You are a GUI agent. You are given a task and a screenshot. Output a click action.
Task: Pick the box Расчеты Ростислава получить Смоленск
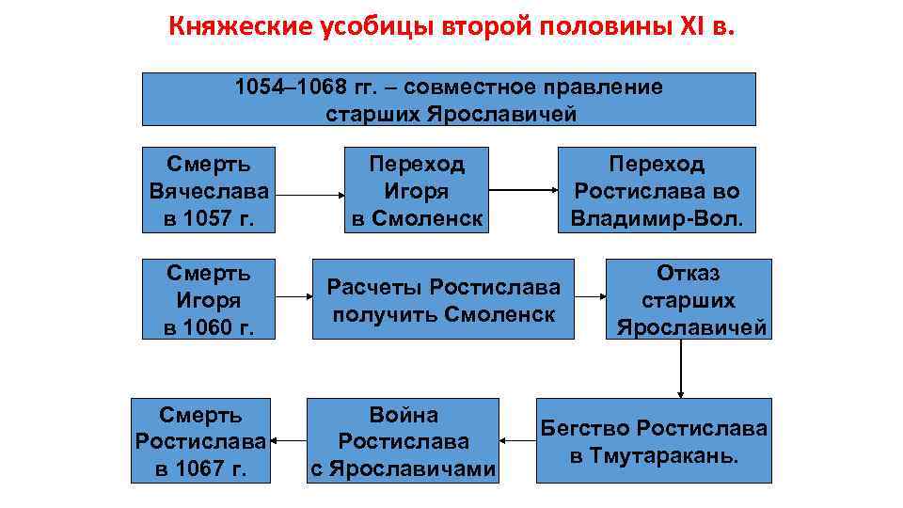[x=443, y=299]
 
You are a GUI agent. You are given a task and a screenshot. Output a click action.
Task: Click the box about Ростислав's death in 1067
[x=201, y=440]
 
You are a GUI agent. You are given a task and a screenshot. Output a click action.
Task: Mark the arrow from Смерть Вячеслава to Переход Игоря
[x=311, y=196]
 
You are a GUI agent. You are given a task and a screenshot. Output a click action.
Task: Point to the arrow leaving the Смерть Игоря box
[x=295, y=296]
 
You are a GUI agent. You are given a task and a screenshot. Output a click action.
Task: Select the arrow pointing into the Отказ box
[x=590, y=296]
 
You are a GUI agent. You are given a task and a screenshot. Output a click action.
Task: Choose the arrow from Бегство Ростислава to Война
[x=516, y=439]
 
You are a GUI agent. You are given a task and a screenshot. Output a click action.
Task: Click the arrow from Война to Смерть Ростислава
[x=289, y=439]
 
